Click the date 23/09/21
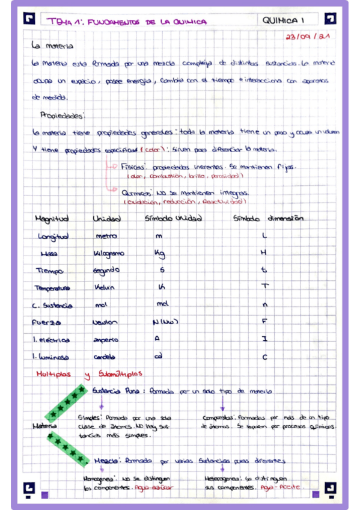pyautogui.click(x=307, y=36)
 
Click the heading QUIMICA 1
pyautogui.click(x=284, y=21)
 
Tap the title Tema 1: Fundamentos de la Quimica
pyautogui.click(x=127, y=22)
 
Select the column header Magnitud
pyautogui.click(x=52, y=218)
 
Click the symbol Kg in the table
pyautogui.click(x=159, y=254)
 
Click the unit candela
pyautogui.click(x=104, y=356)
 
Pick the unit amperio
pyautogui.click(x=106, y=339)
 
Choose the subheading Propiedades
pyautogui.click(x=63, y=114)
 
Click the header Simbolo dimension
pyautogui.click(x=268, y=218)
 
